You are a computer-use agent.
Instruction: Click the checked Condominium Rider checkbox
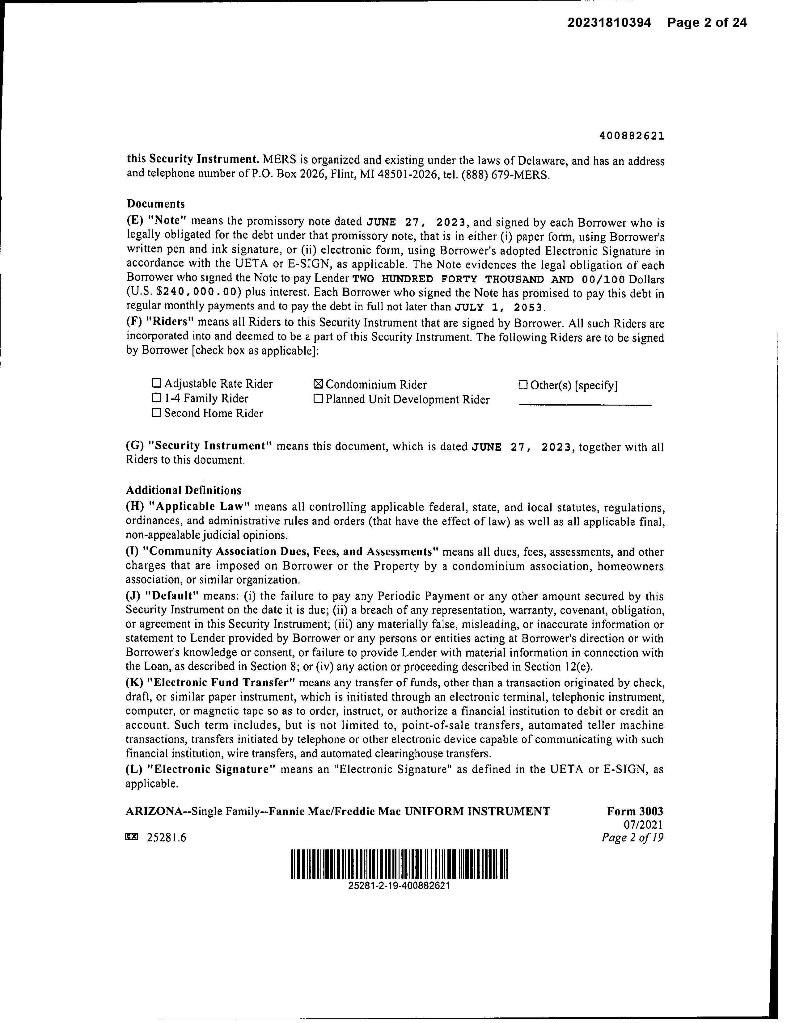pos(318,385)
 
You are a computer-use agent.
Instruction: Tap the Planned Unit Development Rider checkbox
pos(318,399)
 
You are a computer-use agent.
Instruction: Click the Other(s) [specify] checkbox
pos(523,385)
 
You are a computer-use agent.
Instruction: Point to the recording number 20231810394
pos(609,23)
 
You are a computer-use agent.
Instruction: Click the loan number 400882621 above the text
pos(631,136)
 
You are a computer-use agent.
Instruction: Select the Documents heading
pos(156,204)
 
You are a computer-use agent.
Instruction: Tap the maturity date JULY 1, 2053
pos(500,308)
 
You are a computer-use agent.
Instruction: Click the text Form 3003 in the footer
pos(635,811)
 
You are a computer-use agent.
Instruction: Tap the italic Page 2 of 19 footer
pos(632,837)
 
